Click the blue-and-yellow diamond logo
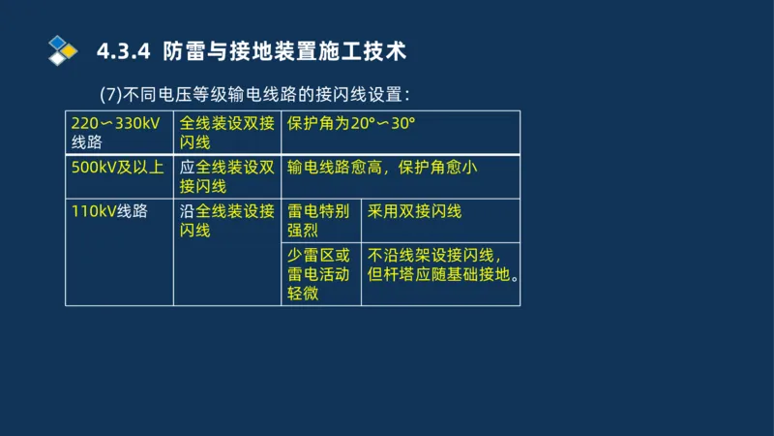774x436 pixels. pos(63,49)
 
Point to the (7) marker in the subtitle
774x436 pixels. pos(111,95)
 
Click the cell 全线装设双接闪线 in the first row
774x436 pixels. pos(227,133)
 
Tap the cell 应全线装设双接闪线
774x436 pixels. pos(227,176)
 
